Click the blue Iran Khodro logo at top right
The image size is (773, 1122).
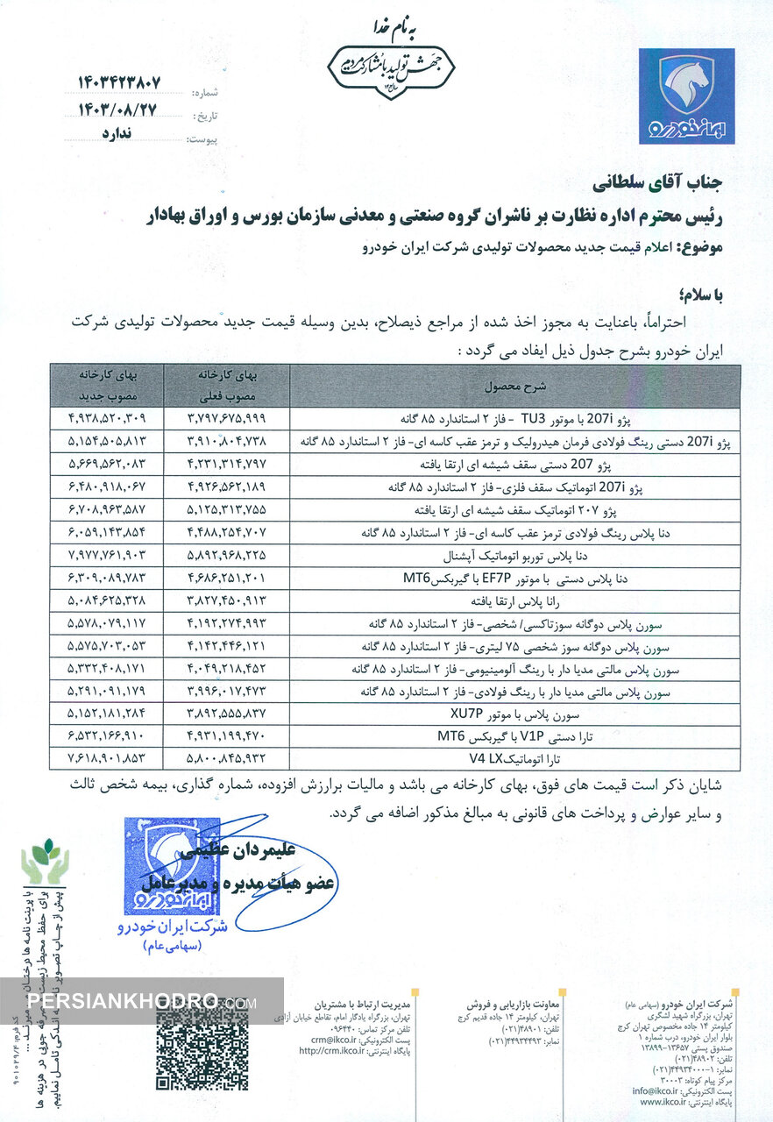(x=686, y=96)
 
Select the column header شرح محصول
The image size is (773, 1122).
(x=514, y=385)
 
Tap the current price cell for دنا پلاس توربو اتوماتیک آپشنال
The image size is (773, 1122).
(x=225, y=555)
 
